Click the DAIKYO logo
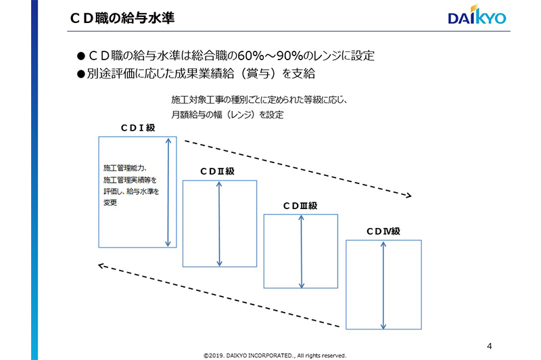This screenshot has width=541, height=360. [477, 15]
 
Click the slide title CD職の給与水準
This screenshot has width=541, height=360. [122, 18]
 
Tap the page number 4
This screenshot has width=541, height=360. [489, 346]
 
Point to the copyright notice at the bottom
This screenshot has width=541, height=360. [275, 355]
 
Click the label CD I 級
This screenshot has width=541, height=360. [138, 128]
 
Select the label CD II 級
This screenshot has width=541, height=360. [217, 171]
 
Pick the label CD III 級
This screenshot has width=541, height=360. [300, 206]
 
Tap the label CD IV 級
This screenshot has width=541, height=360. [383, 231]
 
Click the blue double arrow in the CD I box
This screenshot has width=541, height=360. [168, 192]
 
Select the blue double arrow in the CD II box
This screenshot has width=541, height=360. [219, 224]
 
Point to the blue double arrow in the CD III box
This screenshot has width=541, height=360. [301, 252]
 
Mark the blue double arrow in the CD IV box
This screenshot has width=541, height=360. [383, 286]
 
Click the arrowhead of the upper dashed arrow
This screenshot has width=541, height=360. [410, 196]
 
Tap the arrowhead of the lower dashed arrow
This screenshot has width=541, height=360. [100, 266]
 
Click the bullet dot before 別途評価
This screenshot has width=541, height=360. [80, 74]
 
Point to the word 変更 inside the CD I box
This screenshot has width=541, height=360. [110, 202]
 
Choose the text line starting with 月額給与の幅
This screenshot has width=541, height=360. [228, 114]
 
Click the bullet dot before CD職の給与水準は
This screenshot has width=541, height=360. [80, 55]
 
